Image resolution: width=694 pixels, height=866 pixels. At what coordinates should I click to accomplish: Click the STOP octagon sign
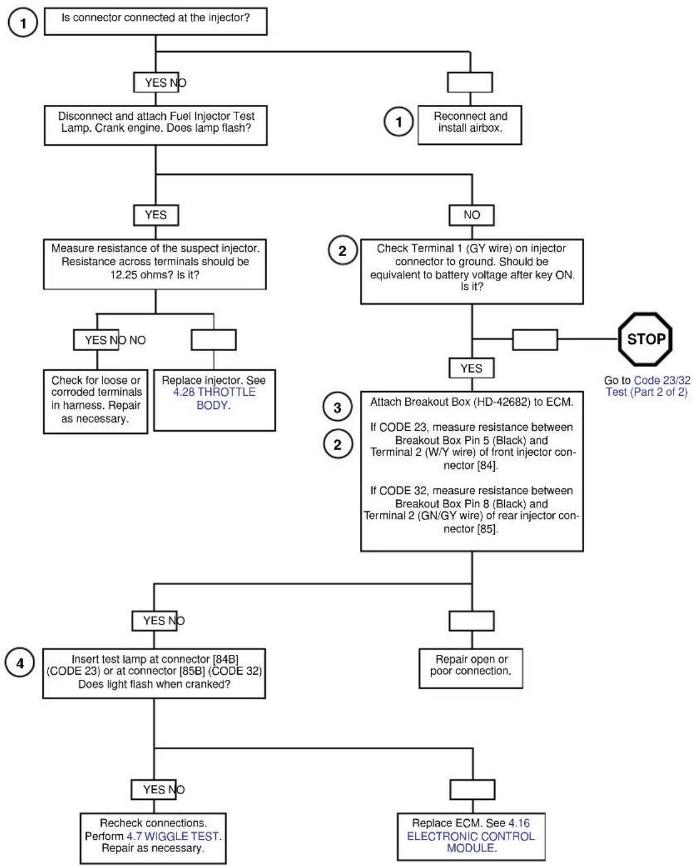tap(645, 339)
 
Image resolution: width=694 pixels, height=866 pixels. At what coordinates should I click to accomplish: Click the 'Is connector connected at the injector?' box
tap(155, 21)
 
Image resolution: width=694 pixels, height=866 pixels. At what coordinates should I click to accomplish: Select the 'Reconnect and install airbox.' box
tap(470, 125)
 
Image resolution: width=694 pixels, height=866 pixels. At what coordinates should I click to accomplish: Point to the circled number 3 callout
tap(337, 407)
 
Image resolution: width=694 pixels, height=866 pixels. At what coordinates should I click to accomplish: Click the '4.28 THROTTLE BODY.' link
tap(214, 398)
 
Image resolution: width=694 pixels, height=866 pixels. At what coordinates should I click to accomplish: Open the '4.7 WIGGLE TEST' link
tap(173, 836)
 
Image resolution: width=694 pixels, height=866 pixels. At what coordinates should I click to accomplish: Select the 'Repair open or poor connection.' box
tap(471, 669)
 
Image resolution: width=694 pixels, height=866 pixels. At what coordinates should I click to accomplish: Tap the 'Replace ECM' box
tap(471, 836)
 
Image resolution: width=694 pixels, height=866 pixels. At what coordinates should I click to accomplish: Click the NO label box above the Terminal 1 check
tap(472, 215)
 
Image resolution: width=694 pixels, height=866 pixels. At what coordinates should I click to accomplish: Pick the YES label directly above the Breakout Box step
tap(472, 368)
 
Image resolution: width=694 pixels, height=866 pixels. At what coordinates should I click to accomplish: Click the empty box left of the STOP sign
tap(535, 340)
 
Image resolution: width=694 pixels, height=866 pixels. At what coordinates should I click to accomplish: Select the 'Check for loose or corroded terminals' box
tap(95, 401)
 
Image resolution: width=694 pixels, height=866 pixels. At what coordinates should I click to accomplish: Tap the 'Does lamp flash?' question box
tap(155, 125)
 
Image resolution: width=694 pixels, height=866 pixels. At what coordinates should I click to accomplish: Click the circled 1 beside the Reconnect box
tap(398, 122)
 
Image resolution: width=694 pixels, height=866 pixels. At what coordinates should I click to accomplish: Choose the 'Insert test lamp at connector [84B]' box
tap(154, 673)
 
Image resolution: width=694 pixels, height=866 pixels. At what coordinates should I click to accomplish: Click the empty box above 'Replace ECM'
tap(472, 790)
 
